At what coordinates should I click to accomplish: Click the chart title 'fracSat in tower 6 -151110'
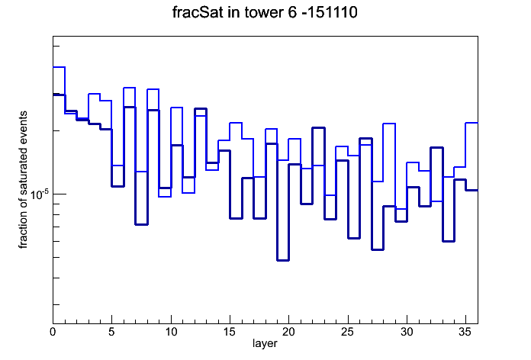[x=265, y=12]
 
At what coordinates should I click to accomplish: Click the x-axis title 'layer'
[x=265, y=344]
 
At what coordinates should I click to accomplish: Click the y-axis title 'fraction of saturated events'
[x=23, y=180]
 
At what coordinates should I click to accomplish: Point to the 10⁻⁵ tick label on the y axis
[x=40, y=194]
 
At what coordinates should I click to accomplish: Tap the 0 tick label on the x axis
[x=53, y=332]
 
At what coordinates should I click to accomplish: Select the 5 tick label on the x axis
[x=111, y=332]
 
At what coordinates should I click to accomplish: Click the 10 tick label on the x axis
[x=171, y=332]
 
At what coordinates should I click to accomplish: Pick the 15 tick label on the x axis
[x=230, y=332]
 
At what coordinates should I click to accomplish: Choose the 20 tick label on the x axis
[x=288, y=332]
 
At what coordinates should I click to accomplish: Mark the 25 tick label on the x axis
[x=347, y=332]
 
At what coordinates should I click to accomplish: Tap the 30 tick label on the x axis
[x=407, y=332]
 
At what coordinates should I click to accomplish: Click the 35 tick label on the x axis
[x=465, y=332]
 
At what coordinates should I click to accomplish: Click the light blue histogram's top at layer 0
[x=59, y=67]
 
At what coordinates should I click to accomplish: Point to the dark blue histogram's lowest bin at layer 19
[x=283, y=260]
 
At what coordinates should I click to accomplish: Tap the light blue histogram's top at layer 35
[x=471, y=123]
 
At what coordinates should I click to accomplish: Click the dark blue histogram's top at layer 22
[x=318, y=128]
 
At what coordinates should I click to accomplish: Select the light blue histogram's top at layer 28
[x=389, y=124]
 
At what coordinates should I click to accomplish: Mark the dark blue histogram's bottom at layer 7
[x=142, y=224]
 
